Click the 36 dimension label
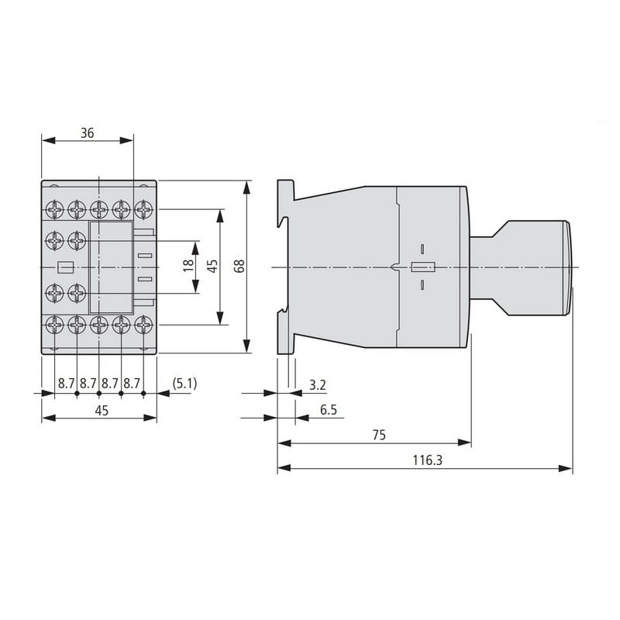pyautogui.click(x=88, y=133)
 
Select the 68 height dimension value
pyautogui.click(x=239, y=266)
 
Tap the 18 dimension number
pyautogui.click(x=188, y=265)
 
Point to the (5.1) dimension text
pyautogui.click(x=184, y=383)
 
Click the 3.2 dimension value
pyautogui.click(x=318, y=384)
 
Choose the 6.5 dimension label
pyautogui.click(x=329, y=410)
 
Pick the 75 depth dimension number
pyautogui.click(x=379, y=435)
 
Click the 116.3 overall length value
pyautogui.click(x=428, y=460)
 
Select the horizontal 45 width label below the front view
pyautogui.click(x=102, y=411)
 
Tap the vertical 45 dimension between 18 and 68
pyautogui.click(x=212, y=266)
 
